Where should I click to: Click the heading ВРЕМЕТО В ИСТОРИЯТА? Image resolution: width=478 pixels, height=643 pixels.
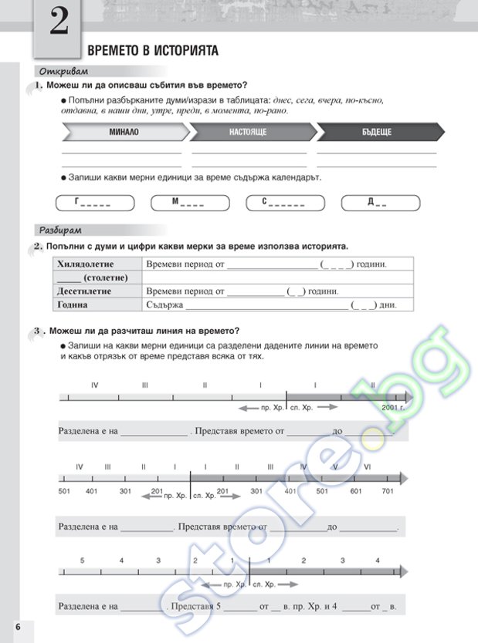153,51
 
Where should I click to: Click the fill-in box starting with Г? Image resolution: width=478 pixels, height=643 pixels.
95,204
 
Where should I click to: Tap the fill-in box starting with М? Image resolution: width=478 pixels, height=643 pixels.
188,204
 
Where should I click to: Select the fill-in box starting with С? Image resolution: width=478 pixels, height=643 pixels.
283,204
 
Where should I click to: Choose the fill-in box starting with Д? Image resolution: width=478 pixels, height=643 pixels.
381,204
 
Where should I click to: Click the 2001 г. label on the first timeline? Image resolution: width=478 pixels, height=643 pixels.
393,406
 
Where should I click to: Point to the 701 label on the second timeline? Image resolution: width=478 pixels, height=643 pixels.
388,491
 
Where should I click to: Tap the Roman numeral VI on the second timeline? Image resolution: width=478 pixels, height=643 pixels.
368,467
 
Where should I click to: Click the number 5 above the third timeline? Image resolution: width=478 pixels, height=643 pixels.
81,560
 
